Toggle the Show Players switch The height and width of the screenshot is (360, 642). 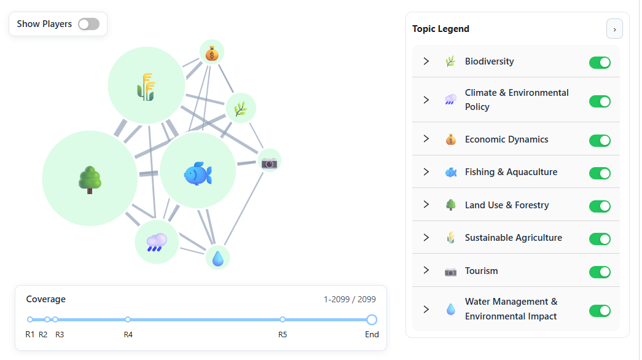(x=88, y=24)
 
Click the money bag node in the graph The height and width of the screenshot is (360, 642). (x=212, y=53)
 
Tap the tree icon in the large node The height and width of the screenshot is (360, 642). (x=90, y=179)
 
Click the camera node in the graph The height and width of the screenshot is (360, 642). (x=269, y=162)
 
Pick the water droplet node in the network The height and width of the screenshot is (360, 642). (x=217, y=258)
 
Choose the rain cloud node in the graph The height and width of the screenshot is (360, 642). (x=157, y=243)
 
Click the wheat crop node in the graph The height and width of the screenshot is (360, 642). (x=146, y=85)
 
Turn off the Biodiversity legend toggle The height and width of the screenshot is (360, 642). (x=600, y=62)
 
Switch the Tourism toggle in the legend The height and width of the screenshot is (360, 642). (x=600, y=272)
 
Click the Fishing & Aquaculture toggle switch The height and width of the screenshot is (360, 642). (x=600, y=173)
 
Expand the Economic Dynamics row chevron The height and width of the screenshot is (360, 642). (x=426, y=139)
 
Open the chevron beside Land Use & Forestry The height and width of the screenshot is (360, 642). (x=426, y=205)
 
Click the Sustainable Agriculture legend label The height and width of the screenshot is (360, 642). (x=513, y=238)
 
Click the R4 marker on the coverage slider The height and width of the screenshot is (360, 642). (x=128, y=319)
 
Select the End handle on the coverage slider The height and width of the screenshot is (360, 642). (x=372, y=319)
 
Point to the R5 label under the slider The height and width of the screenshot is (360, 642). (x=282, y=335)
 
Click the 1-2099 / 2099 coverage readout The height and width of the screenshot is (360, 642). (x=350, y=299)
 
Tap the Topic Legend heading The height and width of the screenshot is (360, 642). (x=440, y=29)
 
